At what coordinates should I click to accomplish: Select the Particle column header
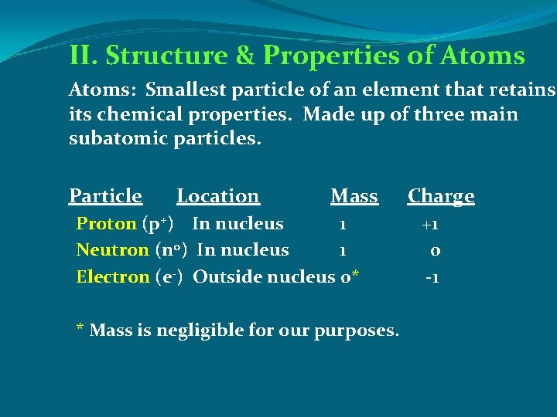105,196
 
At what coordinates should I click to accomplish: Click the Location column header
217,196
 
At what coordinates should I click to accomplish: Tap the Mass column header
354,196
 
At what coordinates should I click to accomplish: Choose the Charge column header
441,196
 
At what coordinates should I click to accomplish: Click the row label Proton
106,224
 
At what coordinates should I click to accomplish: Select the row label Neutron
112,250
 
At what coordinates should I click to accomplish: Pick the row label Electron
113,276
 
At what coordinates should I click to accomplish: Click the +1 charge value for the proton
430,225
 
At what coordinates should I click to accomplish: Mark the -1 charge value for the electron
432,277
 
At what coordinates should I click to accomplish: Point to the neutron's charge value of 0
436,251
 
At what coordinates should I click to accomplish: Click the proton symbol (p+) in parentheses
162,225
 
